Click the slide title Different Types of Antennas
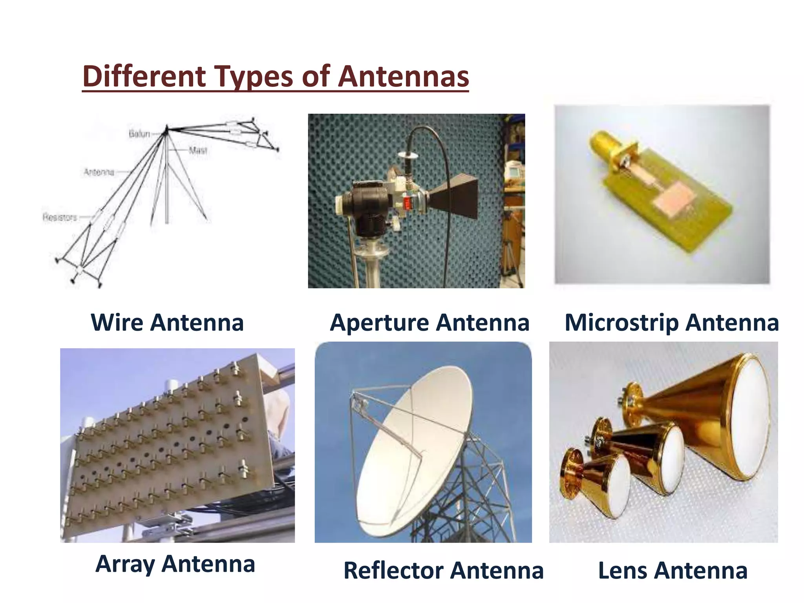[x=276, y=76]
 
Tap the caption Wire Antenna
[x=167, y=323]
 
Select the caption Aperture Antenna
[x=429, y=323]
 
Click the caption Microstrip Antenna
[x=671, y=323]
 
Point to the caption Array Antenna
[x=175, y=564]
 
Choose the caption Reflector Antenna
[x=443, y=570]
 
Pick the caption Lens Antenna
[x=672, y=570]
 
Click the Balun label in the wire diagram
[x=139, y=134]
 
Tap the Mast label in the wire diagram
[x=198, y=150]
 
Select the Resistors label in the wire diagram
[x=60, y=217]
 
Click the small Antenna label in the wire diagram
[x=99, y=172]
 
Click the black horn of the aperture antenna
[x=455, y=198]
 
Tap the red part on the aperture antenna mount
[x=407, y=203]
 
